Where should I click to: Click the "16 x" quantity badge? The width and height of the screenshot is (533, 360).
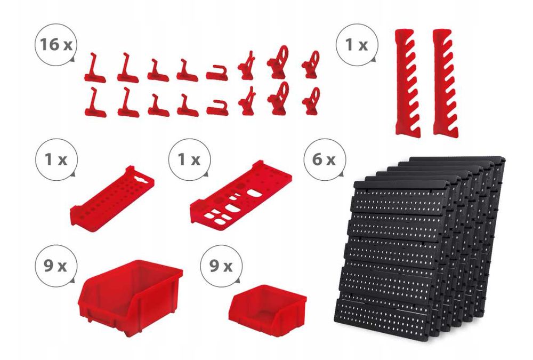56,45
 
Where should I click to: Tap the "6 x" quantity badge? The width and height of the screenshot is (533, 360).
324,159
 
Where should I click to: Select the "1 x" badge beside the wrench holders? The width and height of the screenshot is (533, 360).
357,45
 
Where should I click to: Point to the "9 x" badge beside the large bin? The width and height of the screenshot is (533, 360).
56,266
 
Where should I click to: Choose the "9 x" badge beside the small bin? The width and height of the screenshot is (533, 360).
221,266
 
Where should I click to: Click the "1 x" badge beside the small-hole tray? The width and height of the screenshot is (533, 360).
56,159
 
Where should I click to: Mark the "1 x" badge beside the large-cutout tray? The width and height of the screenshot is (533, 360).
189,159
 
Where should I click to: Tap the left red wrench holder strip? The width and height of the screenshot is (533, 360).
408,83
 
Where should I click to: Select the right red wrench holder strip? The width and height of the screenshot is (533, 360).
445,83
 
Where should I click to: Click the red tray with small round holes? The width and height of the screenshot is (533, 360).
112,198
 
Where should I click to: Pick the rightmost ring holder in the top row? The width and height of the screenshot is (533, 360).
311,65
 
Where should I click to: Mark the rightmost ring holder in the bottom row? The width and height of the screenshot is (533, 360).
311,101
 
